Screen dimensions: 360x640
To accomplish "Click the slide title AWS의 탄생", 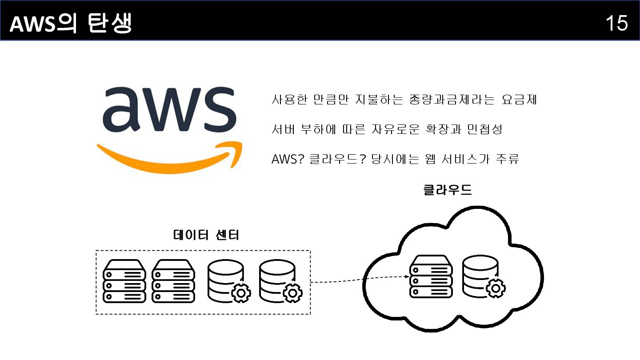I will pos(71,24).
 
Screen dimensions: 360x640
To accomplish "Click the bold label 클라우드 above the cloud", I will pos(448,190).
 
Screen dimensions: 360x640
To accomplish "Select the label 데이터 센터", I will pos(206,235).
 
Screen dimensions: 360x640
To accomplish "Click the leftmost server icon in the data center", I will pos(124,281).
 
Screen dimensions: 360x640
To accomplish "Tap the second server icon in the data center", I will pos(173,281).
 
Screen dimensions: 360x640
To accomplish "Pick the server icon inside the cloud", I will pos(431,276).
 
